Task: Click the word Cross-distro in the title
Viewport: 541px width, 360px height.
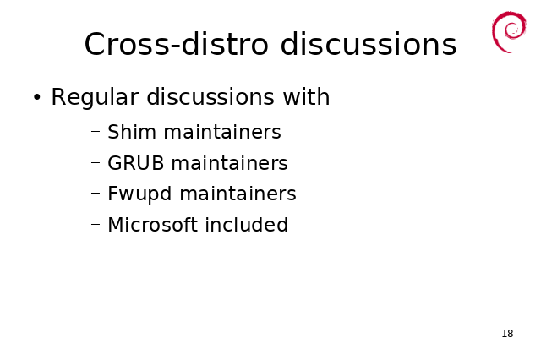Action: (x=177, y=44)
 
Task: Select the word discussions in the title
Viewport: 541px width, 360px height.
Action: (x=369, y=44)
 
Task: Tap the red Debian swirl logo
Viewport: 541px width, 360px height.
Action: (x=509, y=32)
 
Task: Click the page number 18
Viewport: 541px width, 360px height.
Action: (x=507, y=334)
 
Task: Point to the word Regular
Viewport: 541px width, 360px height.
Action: (x=95, y=98)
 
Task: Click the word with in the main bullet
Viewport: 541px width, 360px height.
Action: (x=306, y=97)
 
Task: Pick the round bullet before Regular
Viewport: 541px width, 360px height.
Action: (x=37, y=97)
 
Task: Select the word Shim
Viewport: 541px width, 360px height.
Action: (x=132, y=132)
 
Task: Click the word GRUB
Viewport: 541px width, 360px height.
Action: (x=135, y=163)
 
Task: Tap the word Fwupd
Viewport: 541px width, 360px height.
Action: (x=139, y=194)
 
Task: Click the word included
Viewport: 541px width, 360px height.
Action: (x=247, y=225)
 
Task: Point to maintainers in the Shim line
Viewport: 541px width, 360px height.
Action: (x=222, y=132)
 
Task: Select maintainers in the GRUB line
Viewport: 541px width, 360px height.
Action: (x=229, y=163)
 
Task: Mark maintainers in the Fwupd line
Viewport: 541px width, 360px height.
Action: (x=238, y=194)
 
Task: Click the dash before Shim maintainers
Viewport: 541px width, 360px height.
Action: (x=96, y=131)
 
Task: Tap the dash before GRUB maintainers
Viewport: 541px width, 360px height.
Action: (x=96, y=162)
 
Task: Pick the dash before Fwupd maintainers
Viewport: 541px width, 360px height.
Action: (x=96, y=193)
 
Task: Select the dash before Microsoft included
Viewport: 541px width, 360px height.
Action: (x=96, y=224)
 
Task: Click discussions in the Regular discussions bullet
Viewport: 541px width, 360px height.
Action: (x=210, y=97)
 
